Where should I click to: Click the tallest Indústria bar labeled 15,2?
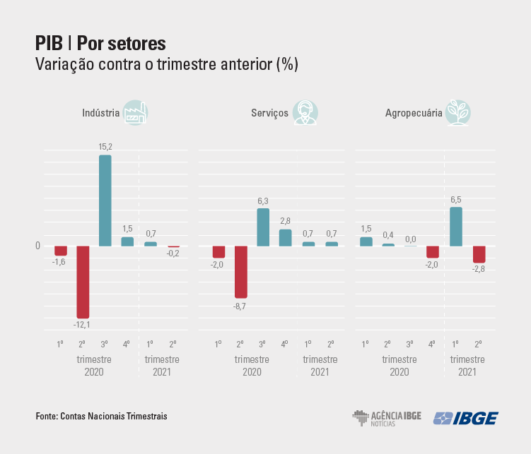(x=105, y=201)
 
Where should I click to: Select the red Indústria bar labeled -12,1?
(x=83, y=282)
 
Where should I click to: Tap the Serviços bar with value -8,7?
(x=240, y=272)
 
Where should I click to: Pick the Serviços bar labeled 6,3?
(x=263, y=227)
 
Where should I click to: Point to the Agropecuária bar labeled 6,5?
(x=456, y=226)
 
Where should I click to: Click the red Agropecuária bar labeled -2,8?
(x=479, y=254)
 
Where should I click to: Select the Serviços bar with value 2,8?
(x=286, y=237)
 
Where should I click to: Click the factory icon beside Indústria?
(x=134, y=113)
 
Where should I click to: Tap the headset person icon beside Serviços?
(x=305, y=113)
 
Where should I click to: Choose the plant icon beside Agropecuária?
(x=459, y=113)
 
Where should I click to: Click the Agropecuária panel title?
(x=414, y=113)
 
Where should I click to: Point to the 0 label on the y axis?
(x=37, y=246)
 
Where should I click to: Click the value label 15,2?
(x=105, y=147)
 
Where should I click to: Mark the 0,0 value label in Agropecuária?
(x=411, y=239)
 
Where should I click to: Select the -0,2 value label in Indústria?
(x=173, y=253)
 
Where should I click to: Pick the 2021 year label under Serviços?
(x=320, y=371)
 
